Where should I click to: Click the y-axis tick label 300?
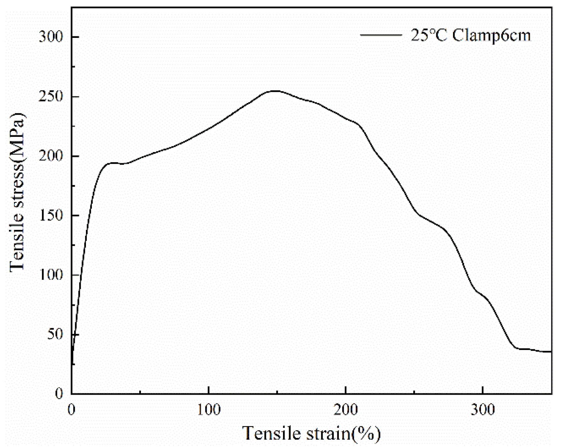pos(51,37)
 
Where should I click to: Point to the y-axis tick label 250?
pos(51,96)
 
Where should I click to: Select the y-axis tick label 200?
pos(51,156)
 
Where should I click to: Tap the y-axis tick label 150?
pos(51,216)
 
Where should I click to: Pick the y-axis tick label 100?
pos(51,275)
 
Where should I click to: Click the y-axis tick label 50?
pos(55,335)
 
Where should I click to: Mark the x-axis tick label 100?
pos(209,410)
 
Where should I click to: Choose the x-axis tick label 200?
pos(346,410)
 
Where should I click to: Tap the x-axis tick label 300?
pos(482,410)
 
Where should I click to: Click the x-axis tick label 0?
pos(71,410)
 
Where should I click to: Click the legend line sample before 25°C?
pos(381,35)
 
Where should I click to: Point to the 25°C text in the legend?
pos(429,35)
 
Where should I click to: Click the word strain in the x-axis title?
pos(329,433)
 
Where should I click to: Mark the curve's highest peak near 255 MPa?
pos(275,91)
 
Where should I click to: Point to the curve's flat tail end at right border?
pos(549,352)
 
